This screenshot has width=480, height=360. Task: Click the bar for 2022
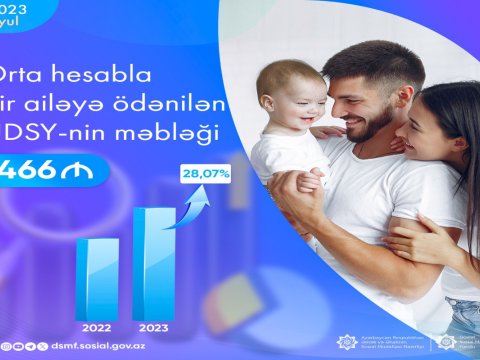click(97, 269)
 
